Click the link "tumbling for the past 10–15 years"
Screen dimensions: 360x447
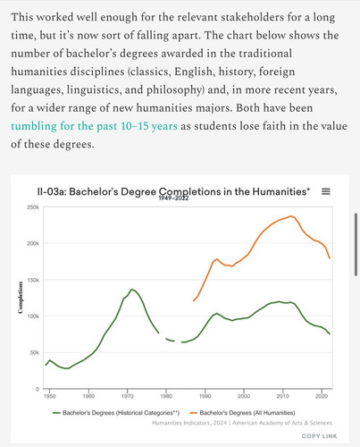click(x=94, y=126)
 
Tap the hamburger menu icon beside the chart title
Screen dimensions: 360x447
click(x=326, y=191)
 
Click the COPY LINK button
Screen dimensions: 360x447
click(x=319, y=436)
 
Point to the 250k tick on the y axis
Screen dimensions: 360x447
click(x=33, y=207)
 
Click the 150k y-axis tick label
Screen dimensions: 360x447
click(x=33, y=280)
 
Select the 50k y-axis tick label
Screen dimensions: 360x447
click(x=34, y=352)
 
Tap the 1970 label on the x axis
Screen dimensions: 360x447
click(x=128, y=396)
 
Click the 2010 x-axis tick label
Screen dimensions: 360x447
click(x=282, y=396)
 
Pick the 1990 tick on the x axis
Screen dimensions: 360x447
click(x=205, y=396)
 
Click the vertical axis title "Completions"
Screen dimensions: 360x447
click(x=21, y=298)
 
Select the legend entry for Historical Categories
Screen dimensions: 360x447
click(x=116, y=413)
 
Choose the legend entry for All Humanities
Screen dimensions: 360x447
click(x=242, y=413)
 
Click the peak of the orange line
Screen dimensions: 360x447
click(x=291, y=216)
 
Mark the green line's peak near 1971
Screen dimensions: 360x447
click(x=131, y=289)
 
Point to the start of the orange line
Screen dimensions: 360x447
click(x=193, y=300)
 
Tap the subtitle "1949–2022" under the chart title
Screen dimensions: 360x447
click(x=173, y=198)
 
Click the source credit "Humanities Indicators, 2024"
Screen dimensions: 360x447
click(x=189, y=423)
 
